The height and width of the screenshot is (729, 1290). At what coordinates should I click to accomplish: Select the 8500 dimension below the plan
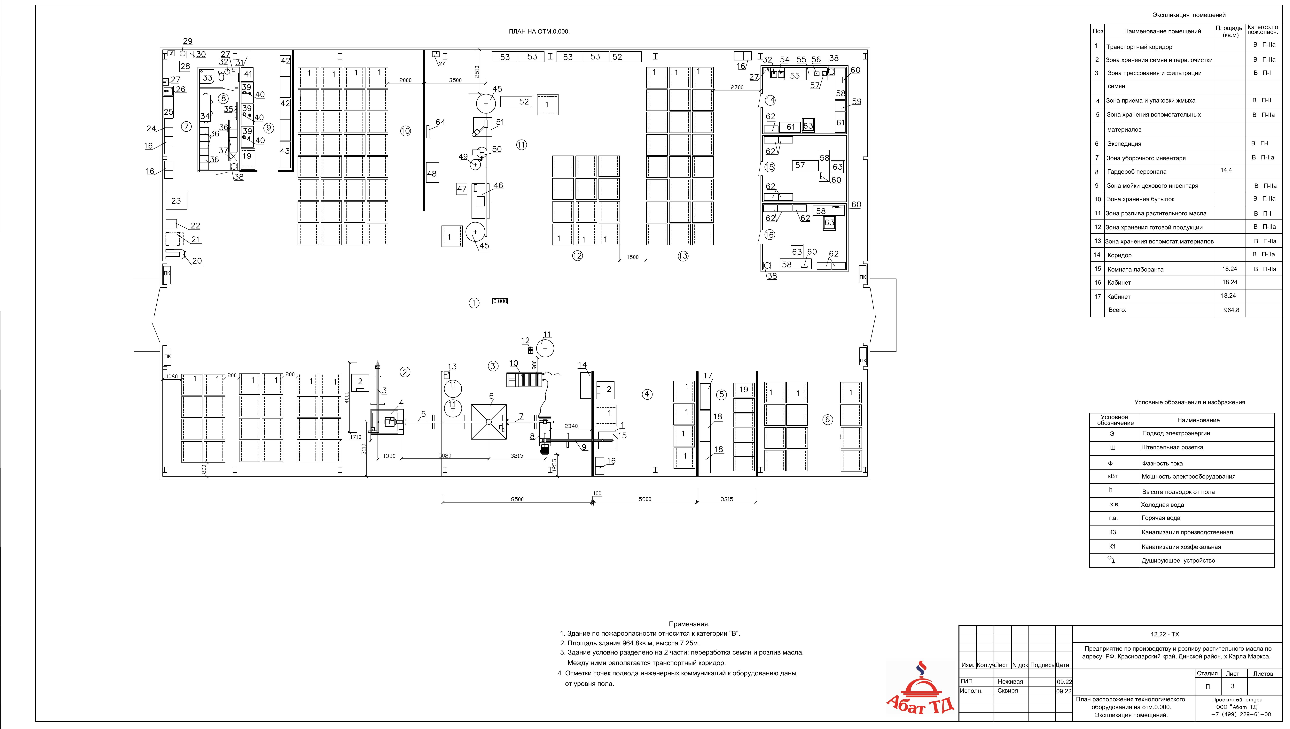517,499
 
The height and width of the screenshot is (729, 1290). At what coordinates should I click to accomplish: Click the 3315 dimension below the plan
727,499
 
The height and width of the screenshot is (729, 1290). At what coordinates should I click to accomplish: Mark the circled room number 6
828,420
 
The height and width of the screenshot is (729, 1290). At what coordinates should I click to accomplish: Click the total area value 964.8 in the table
1231,310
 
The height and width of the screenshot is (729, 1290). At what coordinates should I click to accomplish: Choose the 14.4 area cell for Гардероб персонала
1226,170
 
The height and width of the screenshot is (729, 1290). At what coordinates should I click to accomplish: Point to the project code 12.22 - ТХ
1165,634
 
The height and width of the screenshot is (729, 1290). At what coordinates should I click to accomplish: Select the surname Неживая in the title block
1010,681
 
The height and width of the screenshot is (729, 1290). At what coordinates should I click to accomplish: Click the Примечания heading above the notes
689,624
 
